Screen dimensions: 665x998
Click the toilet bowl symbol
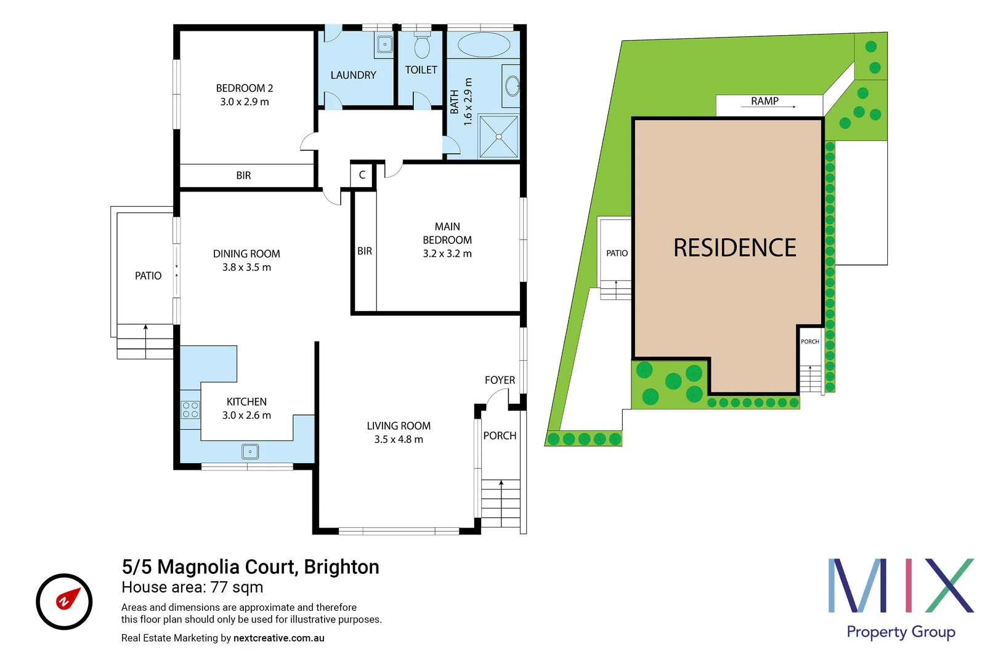point(422,46)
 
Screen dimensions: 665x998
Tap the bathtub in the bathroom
point(484,45)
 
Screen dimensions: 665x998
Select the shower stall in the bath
point(498,136)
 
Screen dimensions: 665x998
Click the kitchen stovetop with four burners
point(190,410)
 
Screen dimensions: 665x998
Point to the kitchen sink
point(250,452)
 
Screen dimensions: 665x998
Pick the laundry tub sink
point(385,44)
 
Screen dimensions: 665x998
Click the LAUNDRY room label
point(353,75)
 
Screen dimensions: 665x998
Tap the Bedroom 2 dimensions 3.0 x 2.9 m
point(245,102)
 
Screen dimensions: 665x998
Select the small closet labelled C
point(362,175)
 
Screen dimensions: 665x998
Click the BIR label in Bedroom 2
point(244,175)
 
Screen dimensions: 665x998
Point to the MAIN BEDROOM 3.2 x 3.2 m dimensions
point(447,254)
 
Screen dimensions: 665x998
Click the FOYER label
point(500,381)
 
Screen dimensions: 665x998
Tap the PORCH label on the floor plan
point(500,436)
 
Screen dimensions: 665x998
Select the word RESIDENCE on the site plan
point(734,248)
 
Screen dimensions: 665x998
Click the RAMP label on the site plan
point(765,101)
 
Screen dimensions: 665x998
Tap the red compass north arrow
point(68,598)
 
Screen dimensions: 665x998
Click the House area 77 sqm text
point(192,587)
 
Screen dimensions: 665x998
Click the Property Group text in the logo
point(901,632)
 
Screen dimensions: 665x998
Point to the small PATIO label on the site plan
point(617,253)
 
